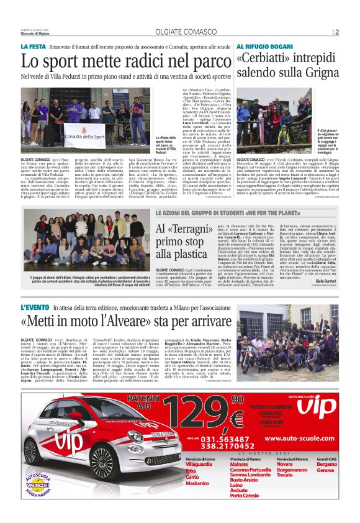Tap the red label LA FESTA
[x=32, y=47]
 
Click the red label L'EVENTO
[x=34, y=307]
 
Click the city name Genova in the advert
[x=326, y=470]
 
